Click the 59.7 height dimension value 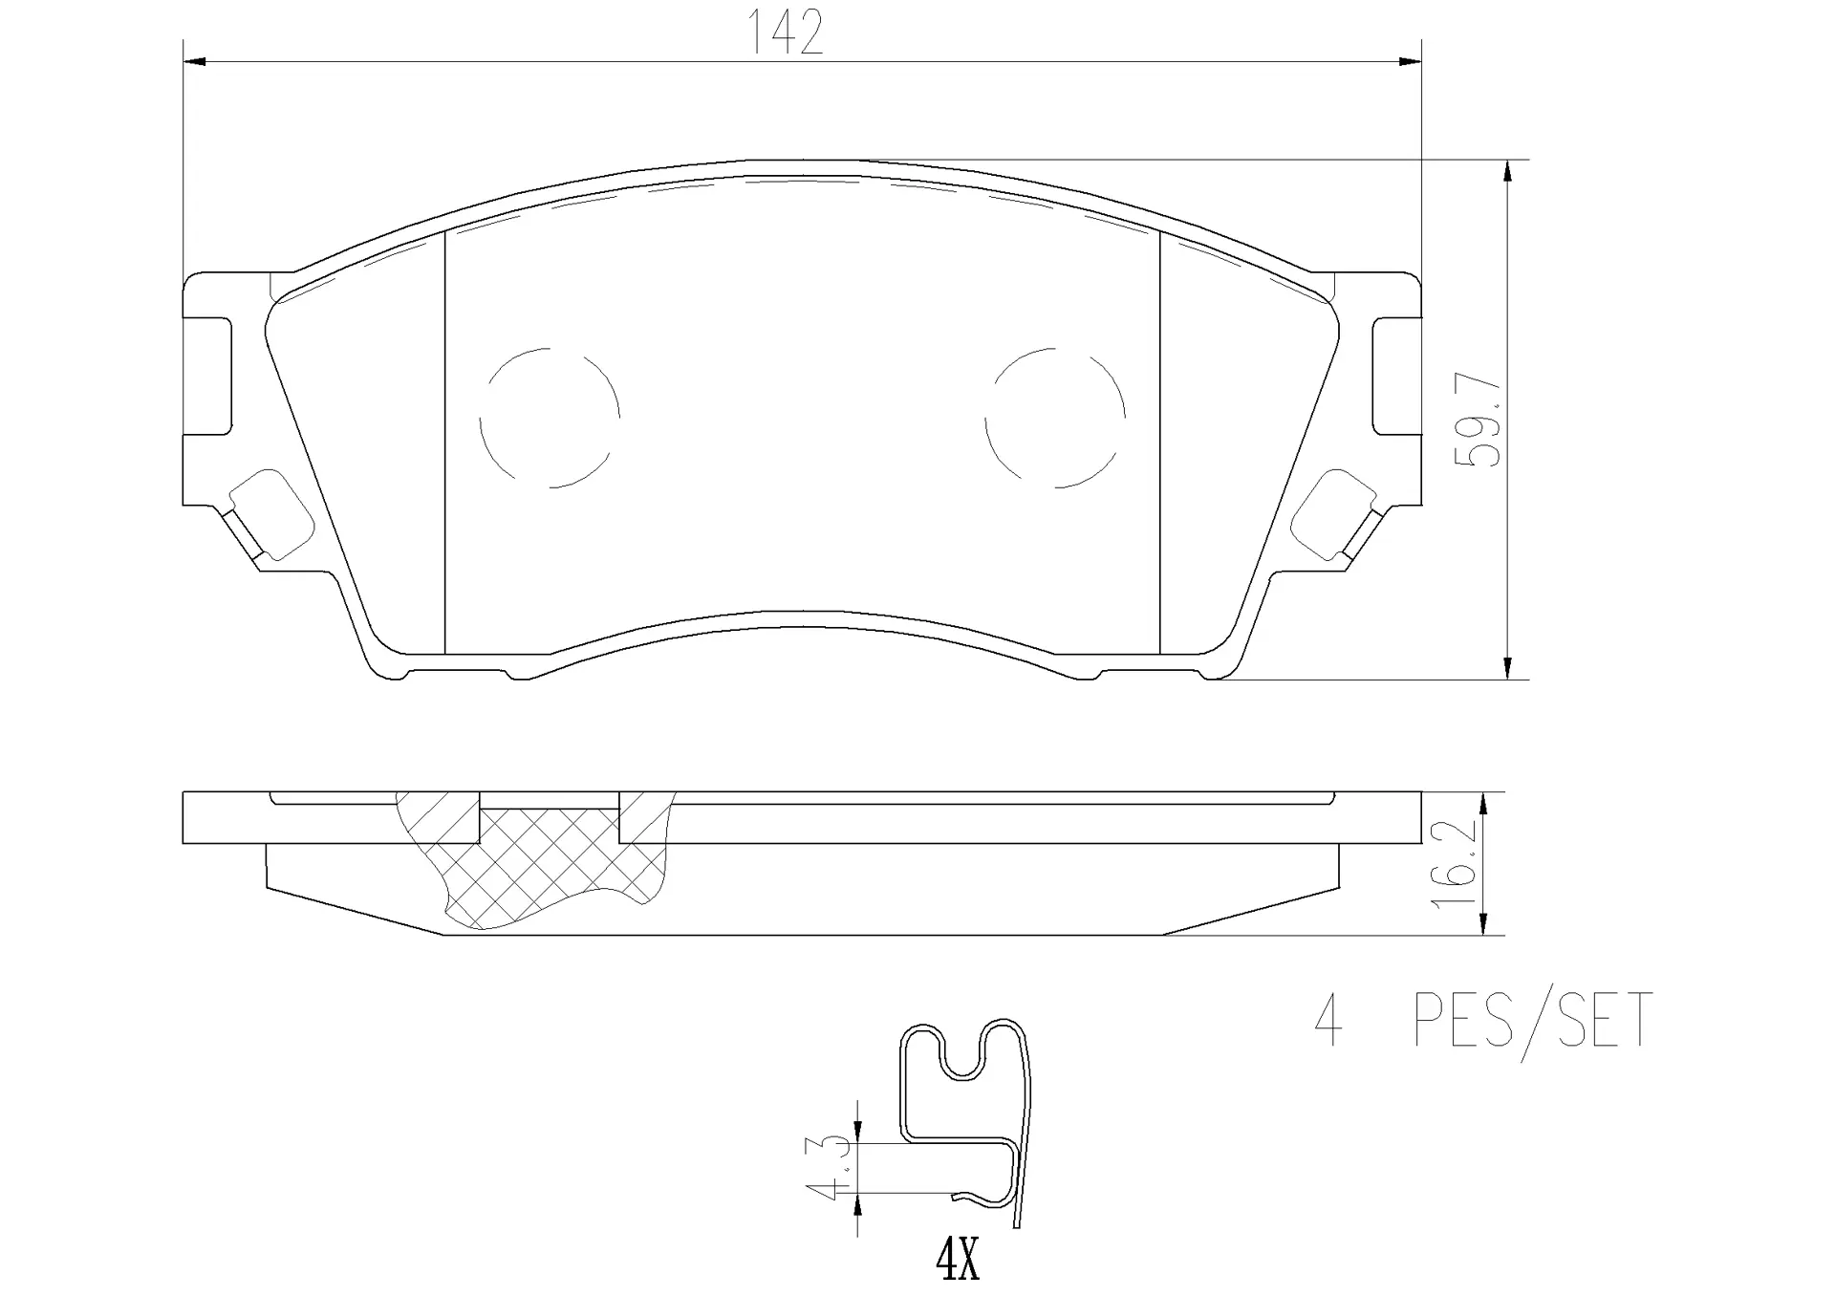[1478, 420]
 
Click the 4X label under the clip [958, 1263]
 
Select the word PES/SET [1533, 1020]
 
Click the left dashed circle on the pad [550, 418]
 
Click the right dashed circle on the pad [1055, 418]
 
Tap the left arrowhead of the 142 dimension [194, 62]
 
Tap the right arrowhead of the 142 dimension [1410, 62]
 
